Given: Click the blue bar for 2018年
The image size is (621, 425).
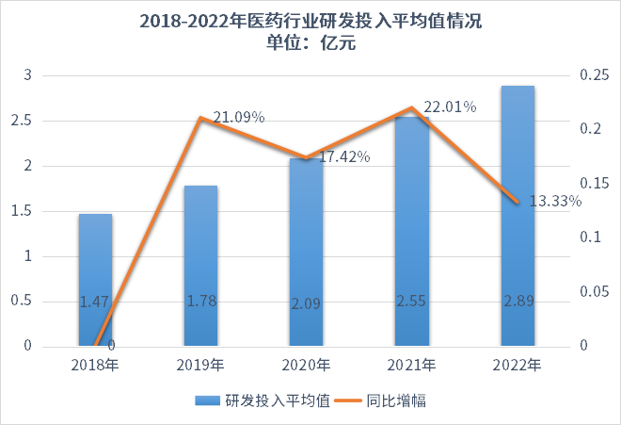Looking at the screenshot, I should tap(95, 280).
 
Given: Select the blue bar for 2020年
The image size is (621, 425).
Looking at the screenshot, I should tap(306, 252).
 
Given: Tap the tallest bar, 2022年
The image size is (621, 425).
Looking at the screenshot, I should tap(517, 216).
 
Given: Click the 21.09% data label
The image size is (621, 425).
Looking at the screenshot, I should tap(238, 117).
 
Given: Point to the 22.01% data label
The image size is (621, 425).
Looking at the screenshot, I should tap(449, 107).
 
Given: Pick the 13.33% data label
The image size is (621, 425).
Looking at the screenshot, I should tap(554, 201).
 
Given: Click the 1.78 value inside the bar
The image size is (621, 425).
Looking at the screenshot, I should tap(200, 302).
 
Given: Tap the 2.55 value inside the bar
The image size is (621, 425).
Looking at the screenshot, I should tap(411, 302).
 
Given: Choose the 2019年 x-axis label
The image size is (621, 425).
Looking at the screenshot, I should tap(200, 365).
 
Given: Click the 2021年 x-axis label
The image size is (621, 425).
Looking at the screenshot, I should tap(411, 365).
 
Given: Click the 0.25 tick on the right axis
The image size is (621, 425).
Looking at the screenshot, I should tap(593, 75).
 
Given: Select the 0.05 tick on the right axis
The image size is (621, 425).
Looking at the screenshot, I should tap(593, 292).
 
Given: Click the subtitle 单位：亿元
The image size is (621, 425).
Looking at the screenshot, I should tap(310, 43).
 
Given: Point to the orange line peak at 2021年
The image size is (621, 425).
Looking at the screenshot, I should tap(411, 108).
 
